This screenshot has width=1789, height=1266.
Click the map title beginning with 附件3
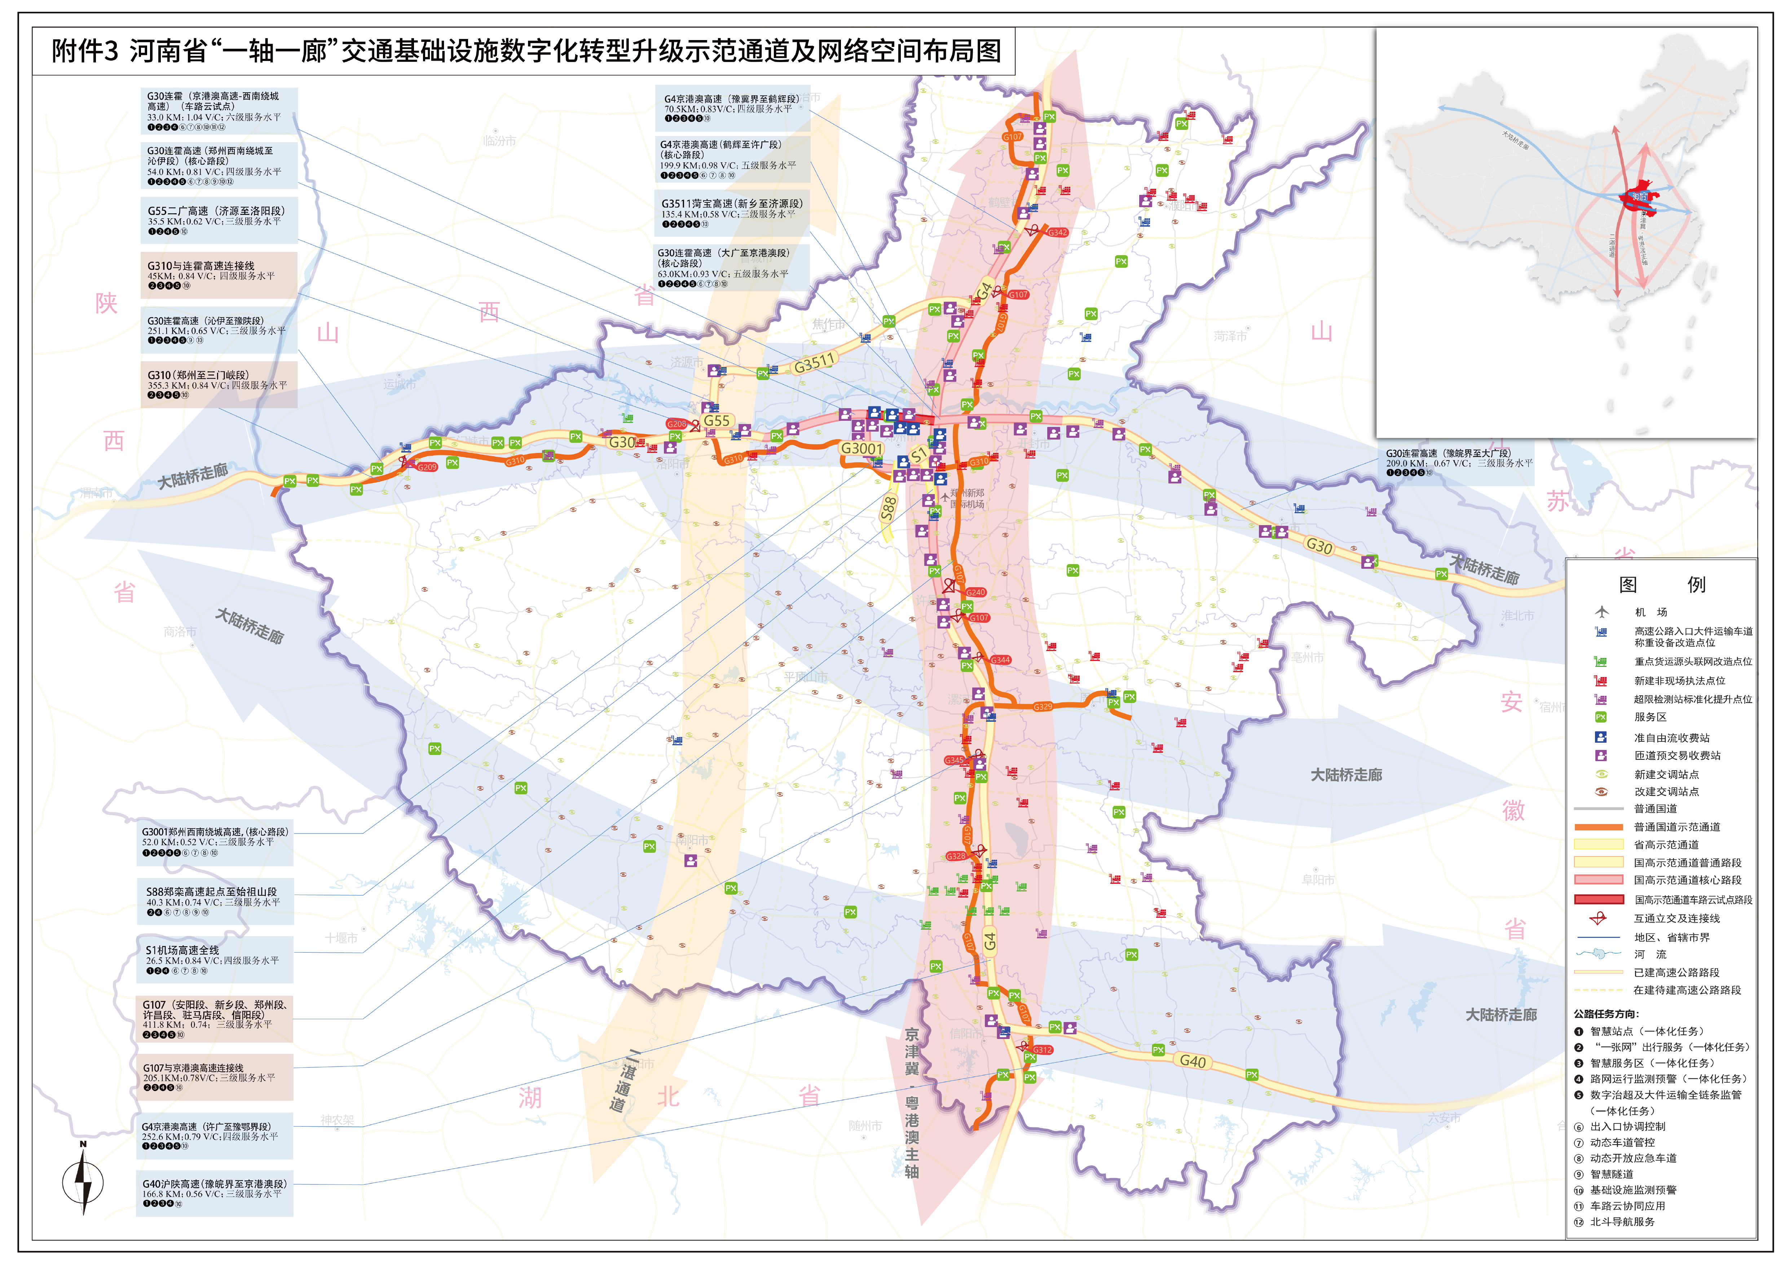[x=526, y=52]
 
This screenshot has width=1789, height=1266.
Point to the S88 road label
[x=888, y=508]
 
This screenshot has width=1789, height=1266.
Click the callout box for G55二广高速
[x=218, y=220]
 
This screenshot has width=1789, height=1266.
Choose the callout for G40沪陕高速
[x=215, y=1193]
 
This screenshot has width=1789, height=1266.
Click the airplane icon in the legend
[x=1601, y=612]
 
